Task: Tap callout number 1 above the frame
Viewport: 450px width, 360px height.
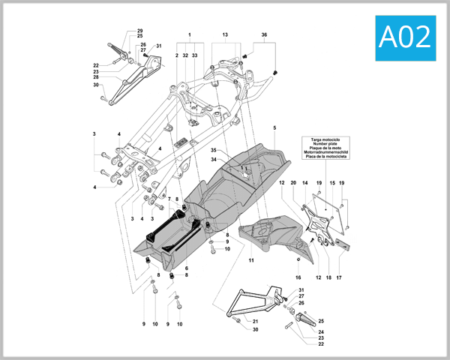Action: pos(190,35)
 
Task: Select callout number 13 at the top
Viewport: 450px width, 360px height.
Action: pos(224,35)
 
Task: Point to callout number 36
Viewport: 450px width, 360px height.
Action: pos(264,35)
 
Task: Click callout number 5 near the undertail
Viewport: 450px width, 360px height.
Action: pos(274,128)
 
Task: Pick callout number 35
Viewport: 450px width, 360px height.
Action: pos(213,150)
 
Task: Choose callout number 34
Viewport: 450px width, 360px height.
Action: pos(213,159)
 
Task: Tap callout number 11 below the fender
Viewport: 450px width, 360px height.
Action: pos(251,259)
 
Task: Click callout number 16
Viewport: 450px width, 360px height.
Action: pos(298,277)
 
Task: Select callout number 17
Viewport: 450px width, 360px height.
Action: pos(338,277)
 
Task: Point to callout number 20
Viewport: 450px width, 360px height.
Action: pos(294,183)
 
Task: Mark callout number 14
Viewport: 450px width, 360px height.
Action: pos(307,183)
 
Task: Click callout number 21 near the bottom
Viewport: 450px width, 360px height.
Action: pos(255,321)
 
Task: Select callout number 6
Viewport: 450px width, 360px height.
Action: pos(186,268)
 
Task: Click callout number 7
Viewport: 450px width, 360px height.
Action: pos(170,199)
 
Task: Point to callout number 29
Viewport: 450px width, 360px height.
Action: pos(139,31)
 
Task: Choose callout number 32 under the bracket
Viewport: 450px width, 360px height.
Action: pos(185,55)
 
